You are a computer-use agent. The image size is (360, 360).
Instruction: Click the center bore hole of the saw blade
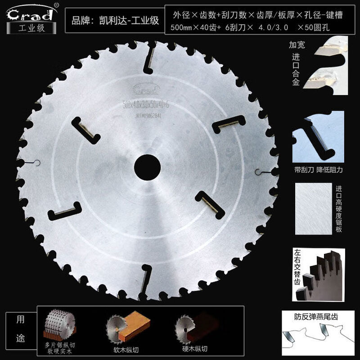point(149,162)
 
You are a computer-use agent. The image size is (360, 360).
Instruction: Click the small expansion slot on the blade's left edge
point(36,163)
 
